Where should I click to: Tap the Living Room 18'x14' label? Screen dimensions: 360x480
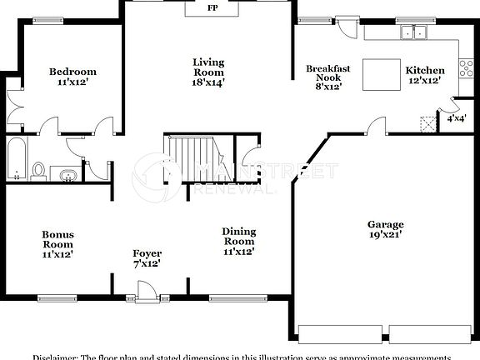[208, 72]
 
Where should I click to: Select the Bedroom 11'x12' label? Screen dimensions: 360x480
[72, 77]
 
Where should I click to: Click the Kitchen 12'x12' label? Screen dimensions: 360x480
[425, 76]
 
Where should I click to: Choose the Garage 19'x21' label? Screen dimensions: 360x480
[386, 230]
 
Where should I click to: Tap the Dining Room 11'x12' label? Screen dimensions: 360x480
[238, 241]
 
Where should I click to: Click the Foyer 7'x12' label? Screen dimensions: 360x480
[147, 258]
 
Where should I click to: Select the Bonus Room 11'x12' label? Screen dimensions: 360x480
[58, 244]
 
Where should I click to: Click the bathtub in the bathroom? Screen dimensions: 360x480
[16, 158]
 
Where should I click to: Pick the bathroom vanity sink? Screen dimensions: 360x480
[67, 175]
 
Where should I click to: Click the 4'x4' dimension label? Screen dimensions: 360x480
[457, 118]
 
